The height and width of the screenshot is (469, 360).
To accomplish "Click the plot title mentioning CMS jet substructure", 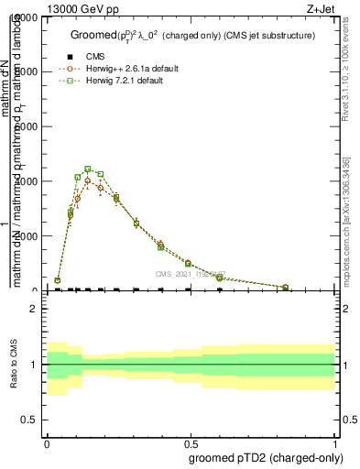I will pos(192,35).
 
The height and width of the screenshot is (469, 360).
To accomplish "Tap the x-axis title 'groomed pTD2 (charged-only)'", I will pos(263,456).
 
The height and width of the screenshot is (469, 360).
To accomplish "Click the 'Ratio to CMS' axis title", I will pos(14,365).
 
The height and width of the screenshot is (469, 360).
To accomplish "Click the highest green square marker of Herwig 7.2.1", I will pos(87,169).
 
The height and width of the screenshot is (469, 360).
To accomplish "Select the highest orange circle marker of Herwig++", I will pos(88,180).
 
